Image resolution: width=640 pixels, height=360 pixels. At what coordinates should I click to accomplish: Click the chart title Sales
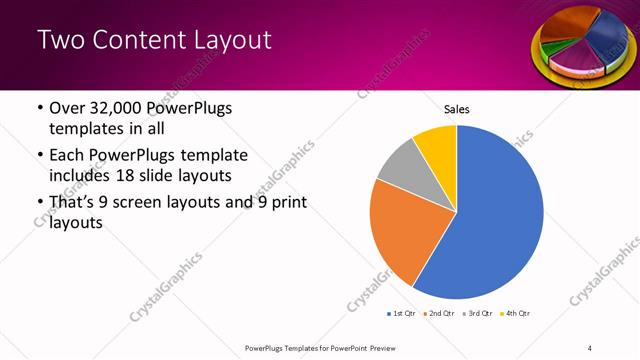456,109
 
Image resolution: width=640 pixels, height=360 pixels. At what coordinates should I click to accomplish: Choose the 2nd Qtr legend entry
439,313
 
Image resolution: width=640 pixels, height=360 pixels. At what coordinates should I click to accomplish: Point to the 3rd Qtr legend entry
477,313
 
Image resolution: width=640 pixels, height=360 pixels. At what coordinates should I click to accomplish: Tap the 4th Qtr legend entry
515,313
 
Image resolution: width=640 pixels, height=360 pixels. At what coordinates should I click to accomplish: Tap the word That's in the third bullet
72,204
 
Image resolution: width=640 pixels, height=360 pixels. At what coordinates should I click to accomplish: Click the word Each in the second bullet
67,156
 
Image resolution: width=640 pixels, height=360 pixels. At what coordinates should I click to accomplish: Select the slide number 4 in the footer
590,347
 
